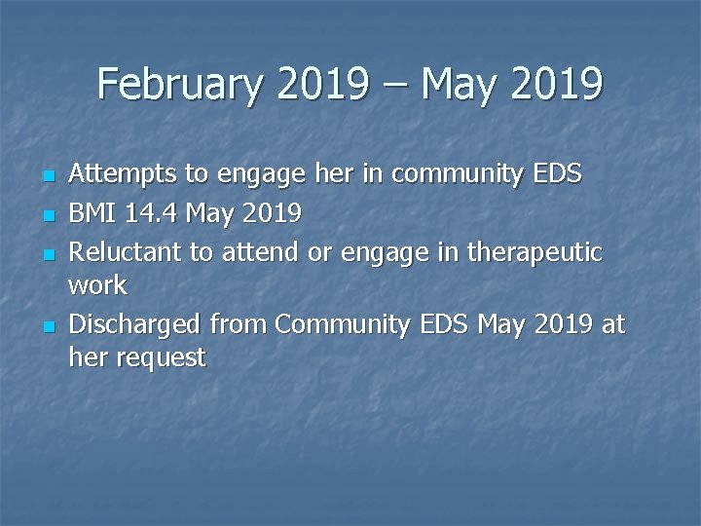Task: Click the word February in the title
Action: pos(181,85)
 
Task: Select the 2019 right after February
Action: pos(322,85)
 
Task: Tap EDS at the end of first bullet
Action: pos(558,174)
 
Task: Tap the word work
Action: pos(97,285)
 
